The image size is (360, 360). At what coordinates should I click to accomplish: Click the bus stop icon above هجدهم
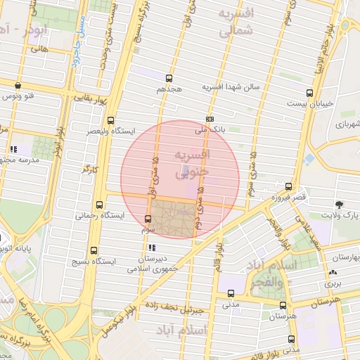pos(169,78)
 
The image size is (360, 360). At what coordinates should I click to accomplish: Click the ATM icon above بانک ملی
pos(210,119)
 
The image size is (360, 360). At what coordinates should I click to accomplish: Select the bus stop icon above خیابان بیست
pos(310,92)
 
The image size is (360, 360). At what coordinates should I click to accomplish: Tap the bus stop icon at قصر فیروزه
pos(288,186)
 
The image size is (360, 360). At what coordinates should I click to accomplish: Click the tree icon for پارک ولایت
pos(340,203)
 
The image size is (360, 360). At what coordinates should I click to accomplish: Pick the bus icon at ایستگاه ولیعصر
pos(110,120)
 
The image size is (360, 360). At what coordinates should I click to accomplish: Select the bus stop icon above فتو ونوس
pos(17,86)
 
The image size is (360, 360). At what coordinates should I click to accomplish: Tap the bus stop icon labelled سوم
pos(148,219)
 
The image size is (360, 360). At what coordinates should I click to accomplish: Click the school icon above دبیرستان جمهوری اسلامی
pos(152,247)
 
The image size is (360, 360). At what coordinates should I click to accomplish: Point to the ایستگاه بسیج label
pos(86,262)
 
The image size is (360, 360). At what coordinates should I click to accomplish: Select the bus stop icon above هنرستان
pos(283,305)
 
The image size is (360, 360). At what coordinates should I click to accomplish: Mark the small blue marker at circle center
pos(184,170)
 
